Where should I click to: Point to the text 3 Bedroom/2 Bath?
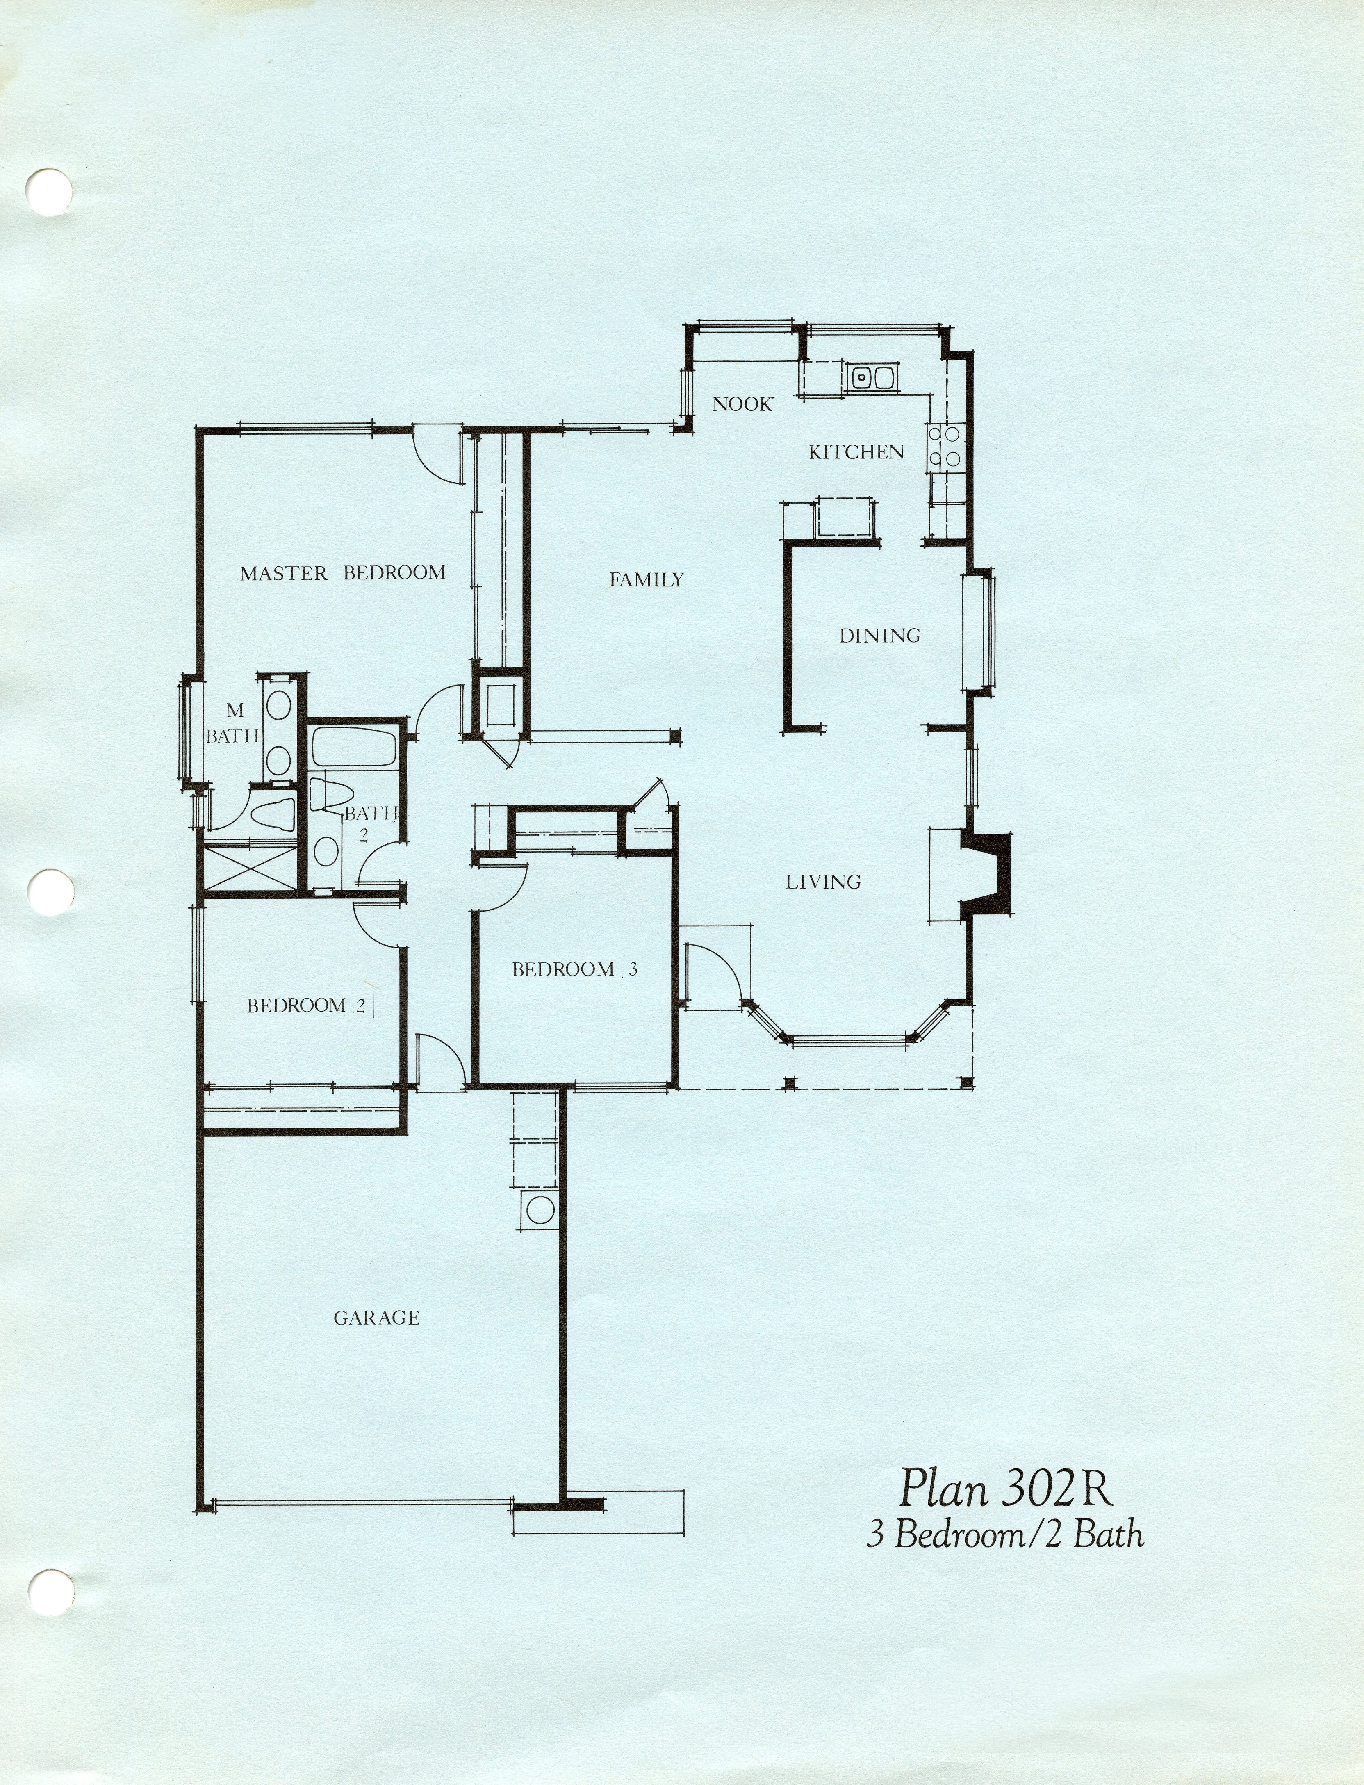coord(1005,1535)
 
